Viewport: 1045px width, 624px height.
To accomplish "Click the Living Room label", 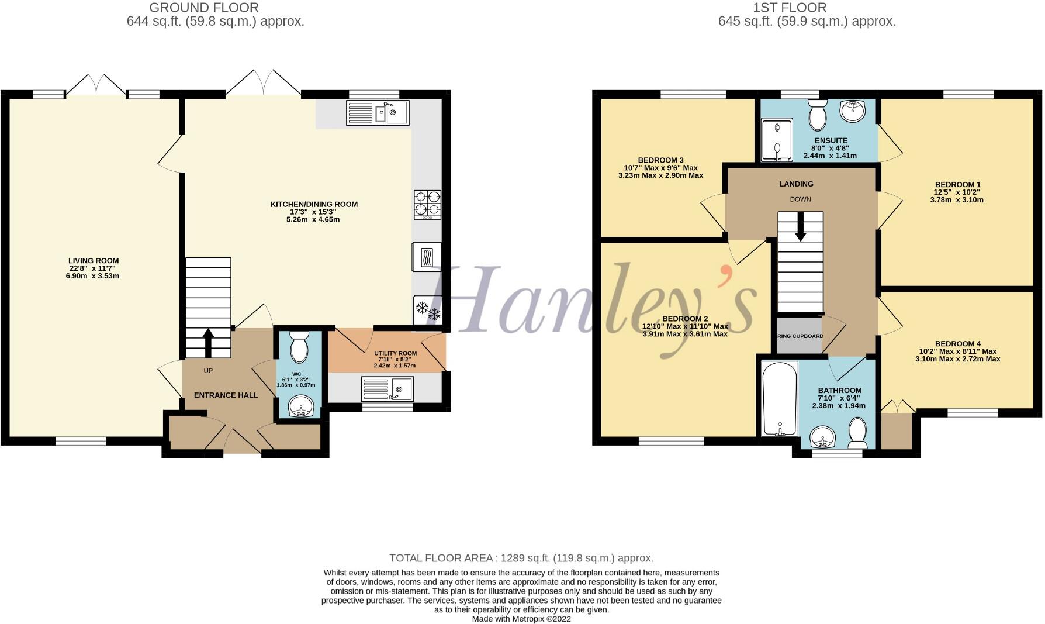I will click(x=94, y=261).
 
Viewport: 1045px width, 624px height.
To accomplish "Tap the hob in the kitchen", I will click(x=427, y=204).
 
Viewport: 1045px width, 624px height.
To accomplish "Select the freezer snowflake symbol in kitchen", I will click(x=427, y=310).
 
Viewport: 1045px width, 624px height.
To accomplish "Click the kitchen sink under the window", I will click(x=378, y=112).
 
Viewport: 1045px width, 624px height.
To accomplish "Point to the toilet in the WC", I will click(x=299, y=347).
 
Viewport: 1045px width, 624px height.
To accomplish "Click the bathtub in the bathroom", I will click(x=780, y=398).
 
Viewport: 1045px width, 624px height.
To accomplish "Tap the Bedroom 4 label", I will click(x=957, y=344).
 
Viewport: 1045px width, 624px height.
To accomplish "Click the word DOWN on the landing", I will click(x=800, y=199).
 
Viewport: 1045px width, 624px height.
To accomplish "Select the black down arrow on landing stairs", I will click(x=800, y=226).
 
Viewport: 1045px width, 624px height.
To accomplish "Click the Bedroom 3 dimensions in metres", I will click(x=660, y=175).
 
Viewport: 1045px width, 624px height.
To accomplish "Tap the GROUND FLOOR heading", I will click(x=203, y=8).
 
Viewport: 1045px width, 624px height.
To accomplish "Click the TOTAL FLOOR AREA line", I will click(x=521, y=558).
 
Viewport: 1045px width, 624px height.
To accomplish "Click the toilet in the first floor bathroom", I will click(x=858, y=433).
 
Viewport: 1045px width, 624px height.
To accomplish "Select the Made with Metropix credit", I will click(x=521, y=619).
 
